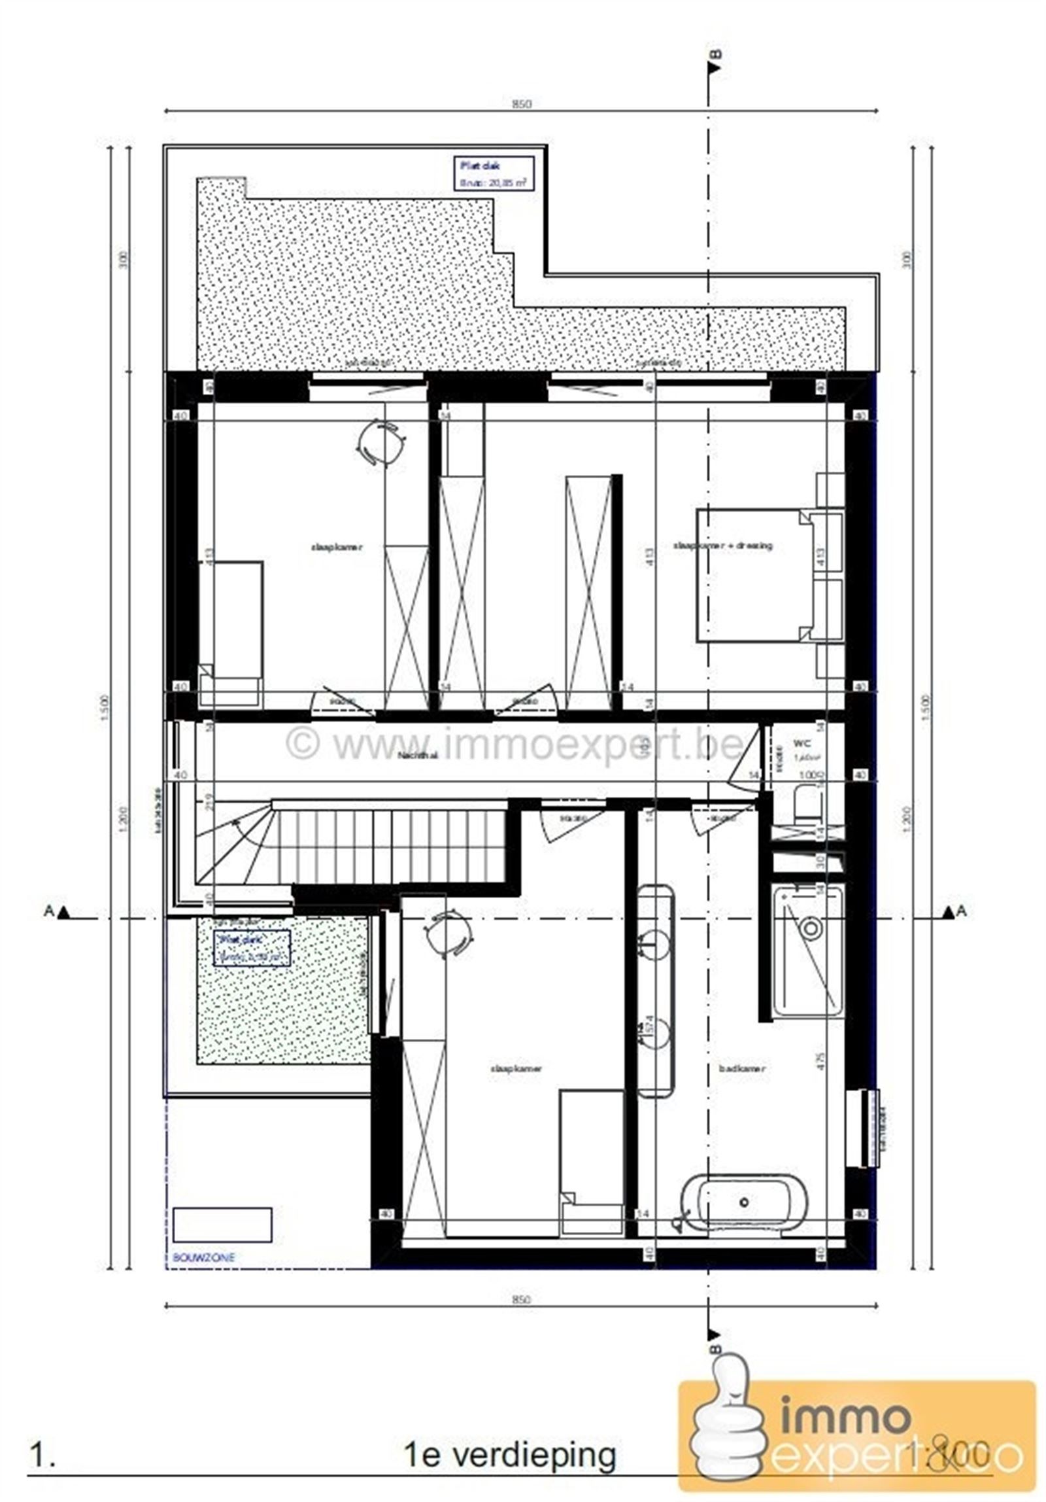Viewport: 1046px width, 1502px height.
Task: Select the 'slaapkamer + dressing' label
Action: tap(722, 545)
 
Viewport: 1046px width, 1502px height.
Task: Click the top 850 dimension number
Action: tap(521, 104)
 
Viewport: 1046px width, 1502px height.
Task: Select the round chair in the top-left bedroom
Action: tap(381, 442)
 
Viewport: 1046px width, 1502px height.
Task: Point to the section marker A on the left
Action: tap(55, 911)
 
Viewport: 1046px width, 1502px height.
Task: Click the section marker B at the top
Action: tap(713, 63)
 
